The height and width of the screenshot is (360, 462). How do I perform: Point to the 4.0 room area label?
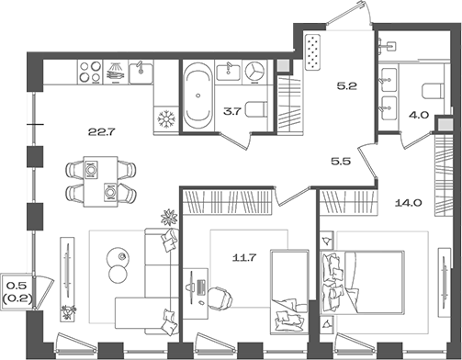tap(419, 115)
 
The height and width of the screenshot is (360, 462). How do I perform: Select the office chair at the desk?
tap(218, 297)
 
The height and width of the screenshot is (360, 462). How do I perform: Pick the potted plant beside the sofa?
tap(169, 219)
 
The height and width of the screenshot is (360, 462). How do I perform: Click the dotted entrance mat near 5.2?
tap(313, 53)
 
